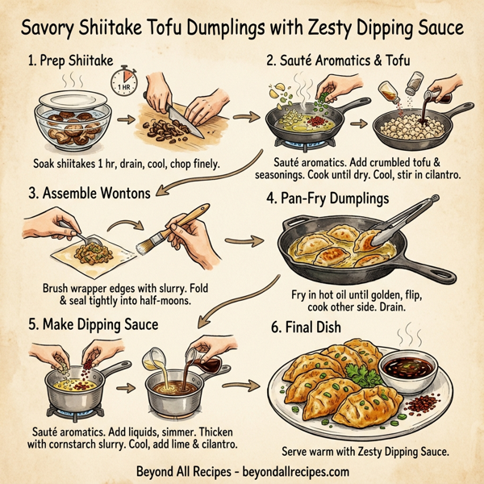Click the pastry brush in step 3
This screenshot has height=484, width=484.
click(185, 228)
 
